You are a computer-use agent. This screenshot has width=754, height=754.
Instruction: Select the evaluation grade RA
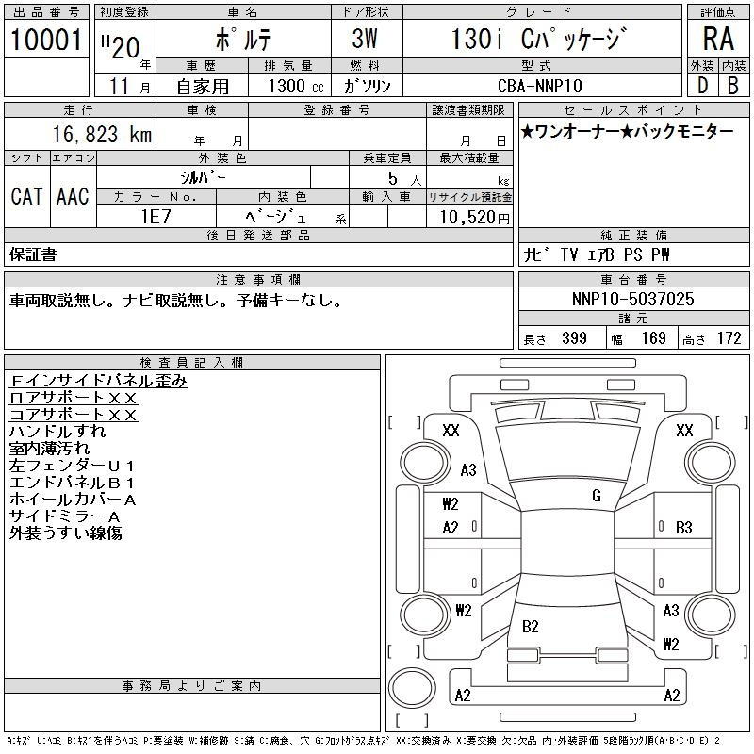(718, 39)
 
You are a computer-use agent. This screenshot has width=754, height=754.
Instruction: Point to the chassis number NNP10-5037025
(633, 300)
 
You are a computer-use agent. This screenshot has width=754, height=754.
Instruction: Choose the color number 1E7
(155, 217)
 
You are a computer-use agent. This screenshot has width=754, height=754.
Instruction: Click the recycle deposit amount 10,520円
(468, 218)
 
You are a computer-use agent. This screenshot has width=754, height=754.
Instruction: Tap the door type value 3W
(365, 40)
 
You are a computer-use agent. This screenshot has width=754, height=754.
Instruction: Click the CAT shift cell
(26, 196)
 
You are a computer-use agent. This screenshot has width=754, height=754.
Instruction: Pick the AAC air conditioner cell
(73, 196)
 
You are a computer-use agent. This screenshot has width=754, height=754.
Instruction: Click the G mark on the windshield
(597, 496)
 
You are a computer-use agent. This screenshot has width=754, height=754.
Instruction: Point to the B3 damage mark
(684, 528)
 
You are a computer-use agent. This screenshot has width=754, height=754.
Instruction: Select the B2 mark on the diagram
(530, 626)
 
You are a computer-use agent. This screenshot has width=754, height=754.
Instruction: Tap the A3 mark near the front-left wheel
(468, 470)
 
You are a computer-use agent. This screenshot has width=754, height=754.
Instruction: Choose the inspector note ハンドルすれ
(57, 432)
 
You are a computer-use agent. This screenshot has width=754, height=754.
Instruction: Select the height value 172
(729, 338)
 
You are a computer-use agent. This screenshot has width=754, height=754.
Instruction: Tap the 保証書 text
(33, 254)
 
